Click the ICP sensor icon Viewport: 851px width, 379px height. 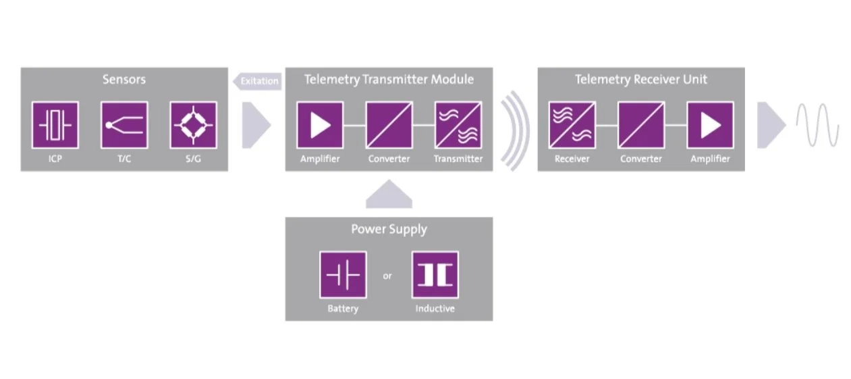55,125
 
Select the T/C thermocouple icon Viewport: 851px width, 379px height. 124,125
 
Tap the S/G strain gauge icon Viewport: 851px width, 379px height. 194,125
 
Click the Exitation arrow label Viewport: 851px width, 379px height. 258,81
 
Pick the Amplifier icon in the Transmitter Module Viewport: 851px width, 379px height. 320,125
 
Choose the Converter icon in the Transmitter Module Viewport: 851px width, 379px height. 389,125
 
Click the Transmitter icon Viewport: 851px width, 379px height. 458,125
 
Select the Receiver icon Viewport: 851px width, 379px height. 572,125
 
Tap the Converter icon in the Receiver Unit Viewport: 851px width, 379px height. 641,125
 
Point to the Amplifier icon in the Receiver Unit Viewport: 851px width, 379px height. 710,125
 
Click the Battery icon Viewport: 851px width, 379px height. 343,275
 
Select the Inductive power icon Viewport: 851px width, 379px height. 435,275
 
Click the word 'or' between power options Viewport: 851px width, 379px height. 387,276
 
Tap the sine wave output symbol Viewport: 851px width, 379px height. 817,125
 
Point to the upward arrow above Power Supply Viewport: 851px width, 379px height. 389,195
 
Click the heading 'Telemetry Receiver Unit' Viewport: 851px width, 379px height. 641,79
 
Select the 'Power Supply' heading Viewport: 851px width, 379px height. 389,229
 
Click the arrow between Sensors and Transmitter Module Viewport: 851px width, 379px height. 256,125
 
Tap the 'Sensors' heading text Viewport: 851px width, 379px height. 124,79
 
